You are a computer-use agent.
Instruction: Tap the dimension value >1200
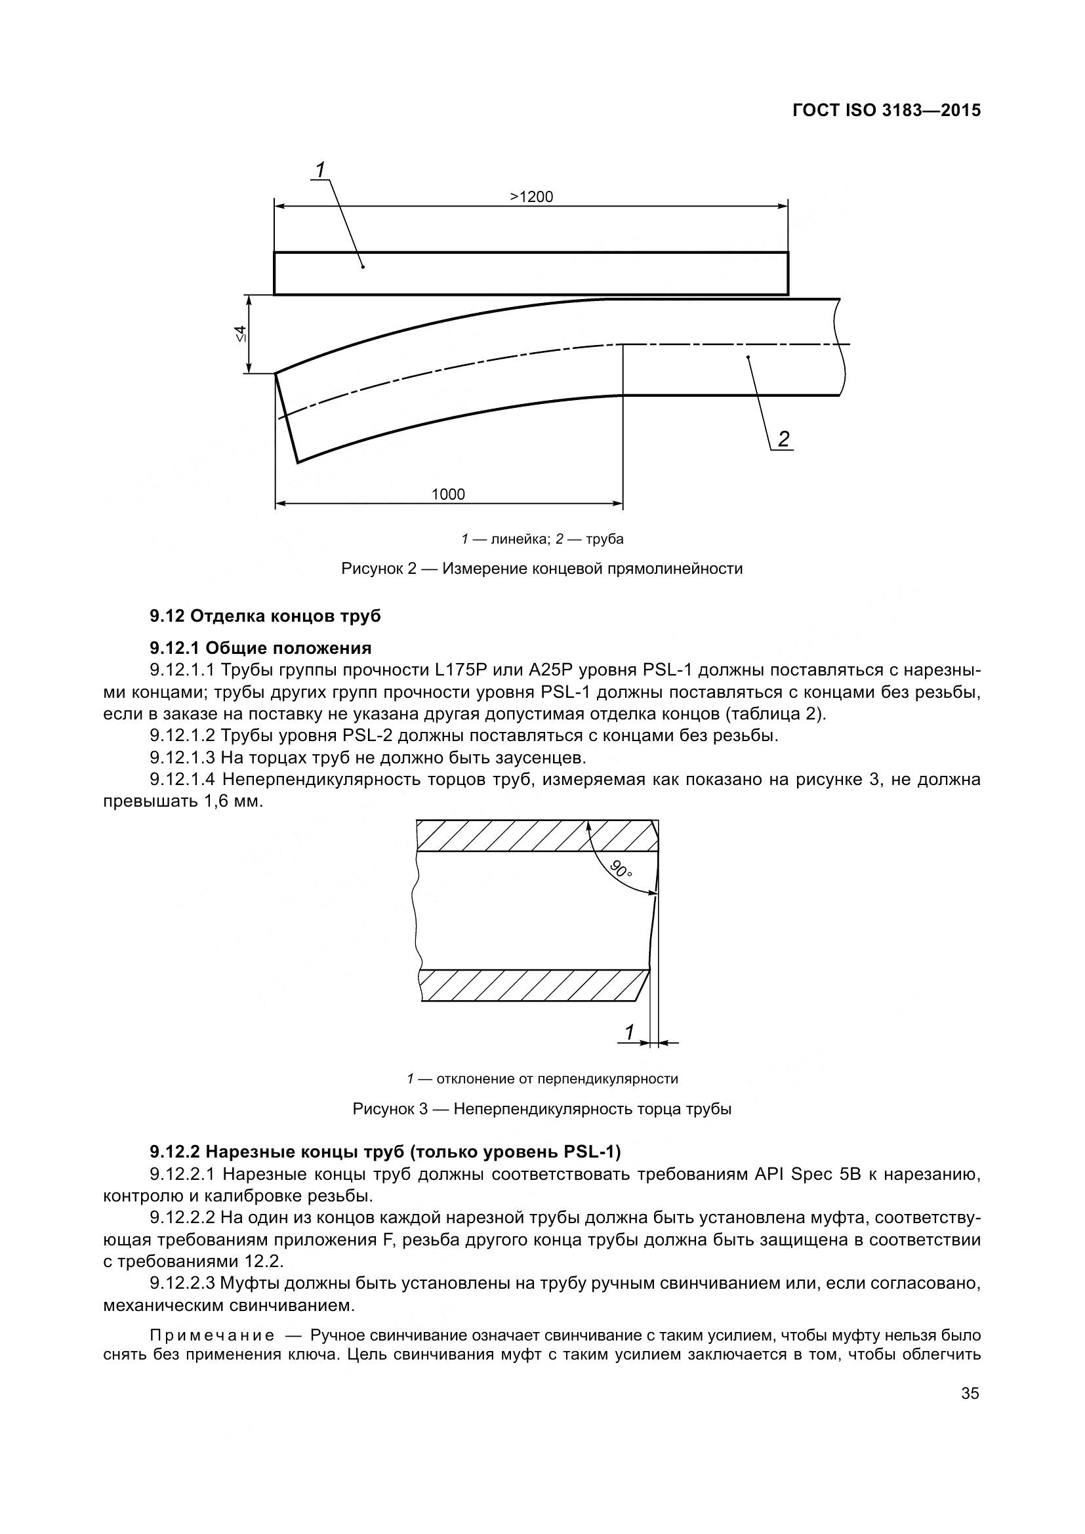pyautogui.click(x=532, y=197)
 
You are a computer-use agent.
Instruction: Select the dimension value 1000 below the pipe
pyautogui.click(x=448, y=495)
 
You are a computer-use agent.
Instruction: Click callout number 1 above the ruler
pyautogui.click(x=320, y=170)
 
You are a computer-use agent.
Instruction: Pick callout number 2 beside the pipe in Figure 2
pyautogui.click(x=783, y=439)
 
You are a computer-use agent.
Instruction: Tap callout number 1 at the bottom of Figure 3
pyautogui.click(x=629, y=1033)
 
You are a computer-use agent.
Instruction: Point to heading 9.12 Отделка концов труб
pyautogui.click(x=265, y=616)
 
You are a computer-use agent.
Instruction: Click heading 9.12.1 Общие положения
pyautogui.click(x=260, y=648)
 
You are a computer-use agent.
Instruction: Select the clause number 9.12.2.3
pyautogui.click(x=182, y=1283)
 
